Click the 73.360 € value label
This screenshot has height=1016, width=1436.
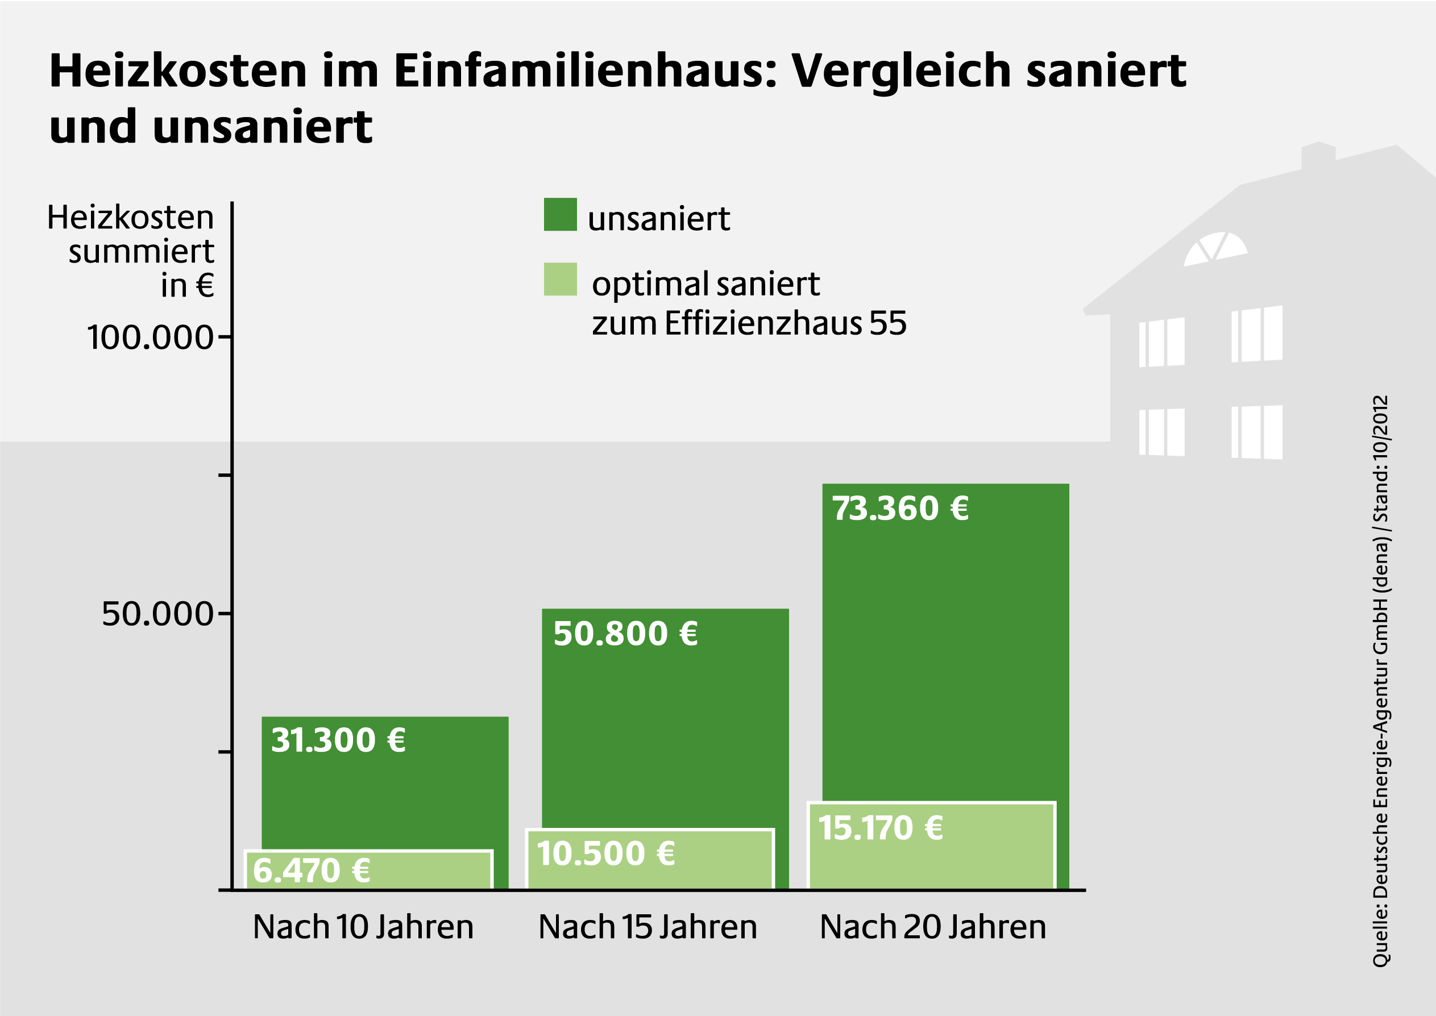(900, 509)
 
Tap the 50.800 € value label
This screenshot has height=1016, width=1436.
(625, 634)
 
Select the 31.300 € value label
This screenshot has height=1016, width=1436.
(338, 741)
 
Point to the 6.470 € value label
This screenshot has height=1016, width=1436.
(312, 871)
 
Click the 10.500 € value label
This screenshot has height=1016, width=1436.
(605, 854)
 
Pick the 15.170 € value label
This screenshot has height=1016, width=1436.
(881, 828)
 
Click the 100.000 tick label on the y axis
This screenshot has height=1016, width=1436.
(150, 338)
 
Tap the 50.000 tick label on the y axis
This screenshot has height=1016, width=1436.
(157, 614)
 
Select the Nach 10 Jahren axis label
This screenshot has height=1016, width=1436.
(363, 927)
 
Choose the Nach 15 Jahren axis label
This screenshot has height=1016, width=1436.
(648, 927)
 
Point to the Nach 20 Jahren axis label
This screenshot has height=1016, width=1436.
(932, 927)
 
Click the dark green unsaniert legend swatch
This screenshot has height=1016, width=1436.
(560, 215)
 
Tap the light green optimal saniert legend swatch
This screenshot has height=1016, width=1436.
(560, 279)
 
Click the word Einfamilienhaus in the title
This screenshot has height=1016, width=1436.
(584, 70)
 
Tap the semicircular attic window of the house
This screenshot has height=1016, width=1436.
(1214, 248)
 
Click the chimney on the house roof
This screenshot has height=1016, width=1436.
(1318, 155)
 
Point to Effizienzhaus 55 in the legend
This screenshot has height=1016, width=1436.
(785, 323)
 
